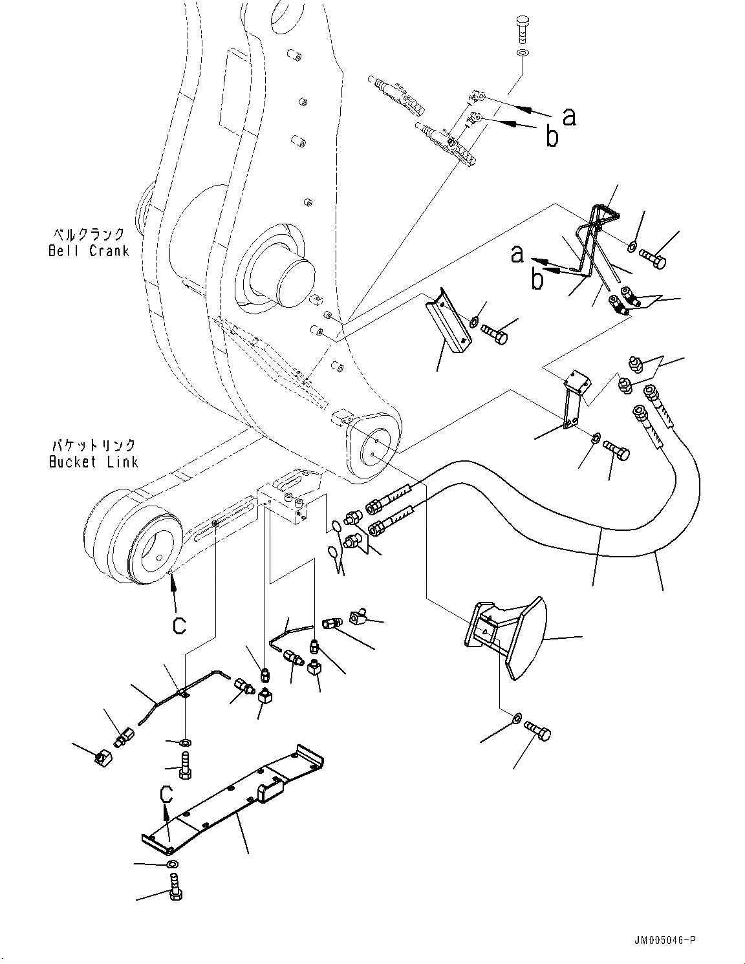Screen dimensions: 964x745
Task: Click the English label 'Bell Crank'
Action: [89, 251]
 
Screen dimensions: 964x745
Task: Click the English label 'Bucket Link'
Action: [93, 462]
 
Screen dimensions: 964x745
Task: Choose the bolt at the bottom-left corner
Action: [175, 890]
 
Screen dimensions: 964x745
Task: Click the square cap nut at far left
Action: [100, 757]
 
